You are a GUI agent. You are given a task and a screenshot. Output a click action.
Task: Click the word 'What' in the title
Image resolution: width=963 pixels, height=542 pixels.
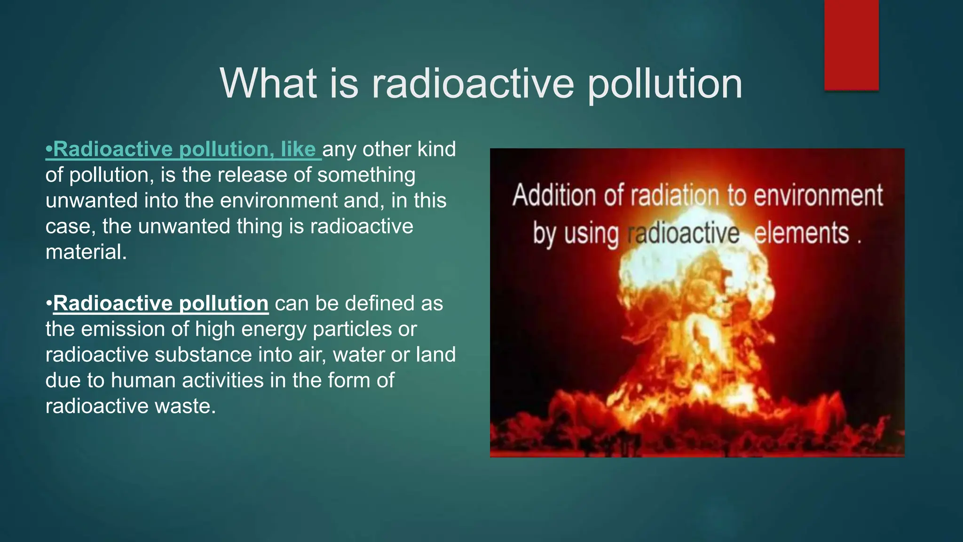tap(268, 83)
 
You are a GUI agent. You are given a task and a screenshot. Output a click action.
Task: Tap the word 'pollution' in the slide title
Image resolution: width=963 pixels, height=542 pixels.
tap(665, 84)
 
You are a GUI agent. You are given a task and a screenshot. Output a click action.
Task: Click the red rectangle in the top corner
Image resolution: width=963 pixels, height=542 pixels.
tap(851, 45)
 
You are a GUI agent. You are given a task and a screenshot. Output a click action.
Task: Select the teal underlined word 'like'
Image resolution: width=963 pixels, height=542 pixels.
tap(298, 149)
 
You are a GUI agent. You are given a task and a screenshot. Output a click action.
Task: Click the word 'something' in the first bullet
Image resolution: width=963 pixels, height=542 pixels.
tap(366, 175)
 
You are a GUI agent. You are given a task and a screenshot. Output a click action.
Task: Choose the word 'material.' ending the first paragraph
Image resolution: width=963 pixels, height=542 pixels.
tap(86, 252)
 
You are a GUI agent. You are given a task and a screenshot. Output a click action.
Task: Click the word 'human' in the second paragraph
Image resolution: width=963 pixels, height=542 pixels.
tap(143, 380)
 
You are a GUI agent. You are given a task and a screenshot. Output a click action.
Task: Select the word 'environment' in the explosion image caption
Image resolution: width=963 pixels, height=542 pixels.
tap(818, 195)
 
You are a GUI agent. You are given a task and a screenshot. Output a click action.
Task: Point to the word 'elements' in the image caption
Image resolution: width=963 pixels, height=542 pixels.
tap(802, 233)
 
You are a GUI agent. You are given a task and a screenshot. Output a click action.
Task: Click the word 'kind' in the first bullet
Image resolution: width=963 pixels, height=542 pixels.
tap(436, 149)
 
